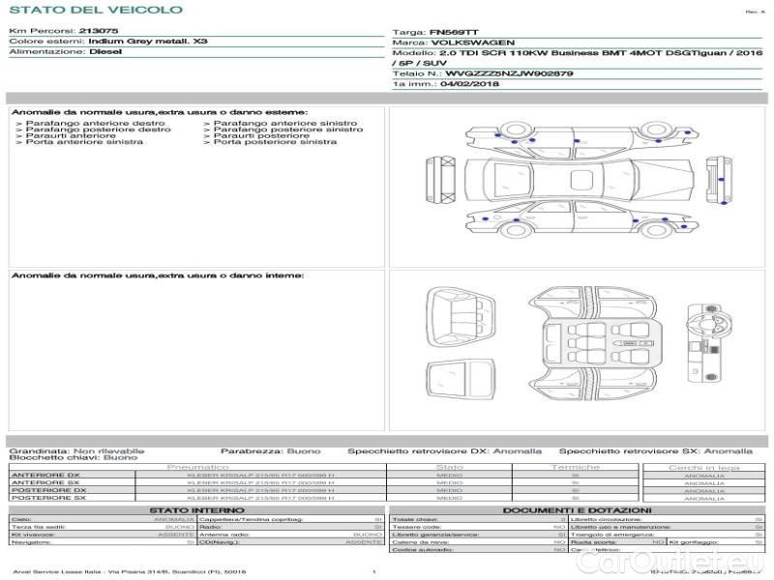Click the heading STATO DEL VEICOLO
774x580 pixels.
[96, 10]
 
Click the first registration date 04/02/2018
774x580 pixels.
[466, 84]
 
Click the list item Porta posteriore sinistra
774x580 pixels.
[275, 142]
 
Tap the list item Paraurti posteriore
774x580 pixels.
[261, 136]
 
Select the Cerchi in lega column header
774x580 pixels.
[703, 467]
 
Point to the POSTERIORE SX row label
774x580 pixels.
[47, 498]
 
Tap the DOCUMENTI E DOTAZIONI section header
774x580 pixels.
[577, 509]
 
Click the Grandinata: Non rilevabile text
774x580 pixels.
[76, 450]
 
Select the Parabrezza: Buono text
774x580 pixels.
[270, 450]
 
